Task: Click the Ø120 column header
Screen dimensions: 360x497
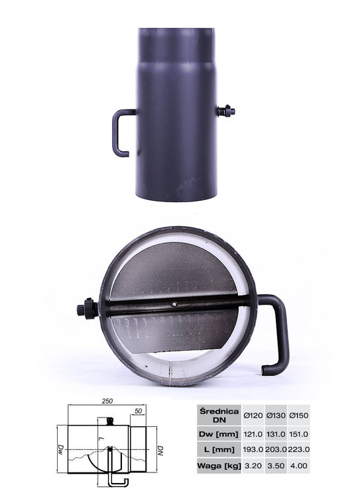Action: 253,415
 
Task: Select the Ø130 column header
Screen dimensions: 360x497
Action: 276,415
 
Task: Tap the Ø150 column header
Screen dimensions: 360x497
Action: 298,415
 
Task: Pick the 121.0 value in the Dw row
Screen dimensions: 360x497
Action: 253,434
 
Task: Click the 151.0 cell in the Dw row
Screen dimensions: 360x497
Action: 298,434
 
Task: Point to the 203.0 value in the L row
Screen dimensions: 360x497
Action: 276,449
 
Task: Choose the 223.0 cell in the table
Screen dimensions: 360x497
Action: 299,449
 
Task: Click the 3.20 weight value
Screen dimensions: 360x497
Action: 253,466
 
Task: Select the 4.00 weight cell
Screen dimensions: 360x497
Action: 298,466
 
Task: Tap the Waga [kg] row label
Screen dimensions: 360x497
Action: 219,466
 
